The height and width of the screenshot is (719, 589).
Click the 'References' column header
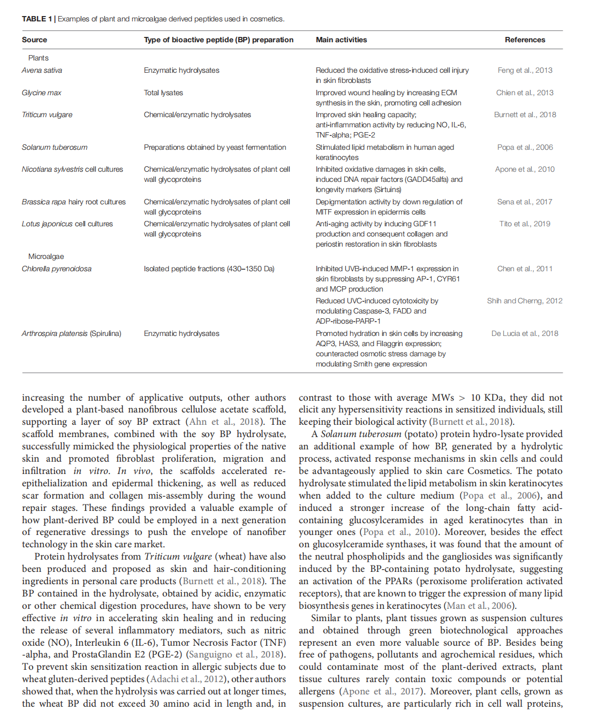(525, 40)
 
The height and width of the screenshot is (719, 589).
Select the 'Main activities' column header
(341, 40)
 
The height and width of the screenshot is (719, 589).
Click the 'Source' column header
(34, 40)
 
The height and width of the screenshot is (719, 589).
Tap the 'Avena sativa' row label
(42, 70)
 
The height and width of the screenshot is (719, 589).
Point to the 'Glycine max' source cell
(41, 93)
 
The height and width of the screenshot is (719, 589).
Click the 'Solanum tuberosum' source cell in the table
(55, 147)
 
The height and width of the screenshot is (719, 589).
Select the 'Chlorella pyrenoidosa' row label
(56, 269)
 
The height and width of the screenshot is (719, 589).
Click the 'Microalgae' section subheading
(46, 256)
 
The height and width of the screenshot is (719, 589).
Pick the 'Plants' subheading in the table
(39, 58)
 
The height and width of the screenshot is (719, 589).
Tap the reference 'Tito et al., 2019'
(525, 224)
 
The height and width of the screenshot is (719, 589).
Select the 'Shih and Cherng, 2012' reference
(525, 301)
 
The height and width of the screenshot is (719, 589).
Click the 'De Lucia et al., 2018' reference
(525, 333)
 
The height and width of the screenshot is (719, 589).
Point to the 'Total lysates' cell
(163, 93)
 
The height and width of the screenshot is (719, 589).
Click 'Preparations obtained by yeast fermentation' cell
(215, 147)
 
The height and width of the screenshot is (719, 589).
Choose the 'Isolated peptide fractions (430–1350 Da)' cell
(209, 269)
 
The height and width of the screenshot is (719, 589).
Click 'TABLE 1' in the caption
(36, 19)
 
